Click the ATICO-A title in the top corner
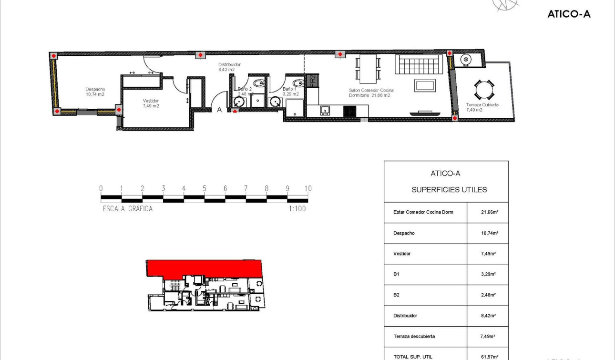569,14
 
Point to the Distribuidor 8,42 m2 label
229,67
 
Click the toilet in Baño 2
258,84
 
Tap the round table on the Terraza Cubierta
484,89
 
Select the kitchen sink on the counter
326,111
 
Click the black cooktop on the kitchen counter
349,111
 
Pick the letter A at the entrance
219,110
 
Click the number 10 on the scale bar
307,188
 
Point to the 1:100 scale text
297,209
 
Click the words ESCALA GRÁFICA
128,209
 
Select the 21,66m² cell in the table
488,212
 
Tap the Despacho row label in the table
404,233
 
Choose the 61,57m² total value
489,357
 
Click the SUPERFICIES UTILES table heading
449,190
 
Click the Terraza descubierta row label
414,336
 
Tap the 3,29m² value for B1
488,274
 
